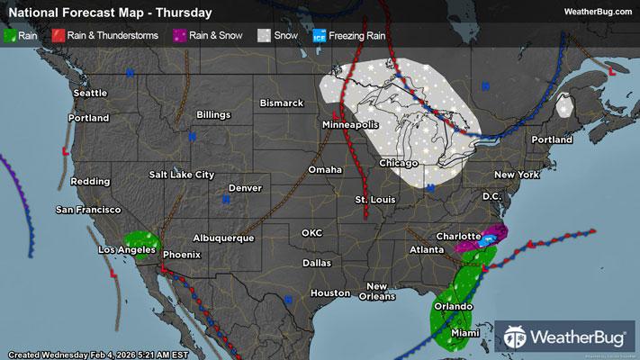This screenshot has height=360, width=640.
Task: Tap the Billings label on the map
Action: pyautogui.click(x=212, y=115)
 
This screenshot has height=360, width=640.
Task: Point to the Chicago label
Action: pyautogui.click(x=399, y=163)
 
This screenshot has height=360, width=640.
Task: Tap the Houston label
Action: pyautogui.click(x=329, y=292)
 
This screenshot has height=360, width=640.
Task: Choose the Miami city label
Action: pyautogui.click(x=464, y=333)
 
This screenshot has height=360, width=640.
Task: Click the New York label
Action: pyautogui.click(x=516, y=174)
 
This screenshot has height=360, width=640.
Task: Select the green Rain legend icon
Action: pyautogui.click(x=10, y=36)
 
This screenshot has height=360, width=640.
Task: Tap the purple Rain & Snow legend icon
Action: pyautogui.click(x=179, y=36)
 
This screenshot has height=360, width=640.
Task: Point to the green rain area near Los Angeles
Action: pyautogui.click(x=141, y=243)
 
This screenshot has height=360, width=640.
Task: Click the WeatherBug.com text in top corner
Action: pyautogui.click(x=598, y=12)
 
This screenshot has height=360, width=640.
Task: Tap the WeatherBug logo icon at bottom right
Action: pyautogui.click(x=517, y=337)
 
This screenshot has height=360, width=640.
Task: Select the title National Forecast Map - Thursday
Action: pyautogui.click(x=110, y=13)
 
